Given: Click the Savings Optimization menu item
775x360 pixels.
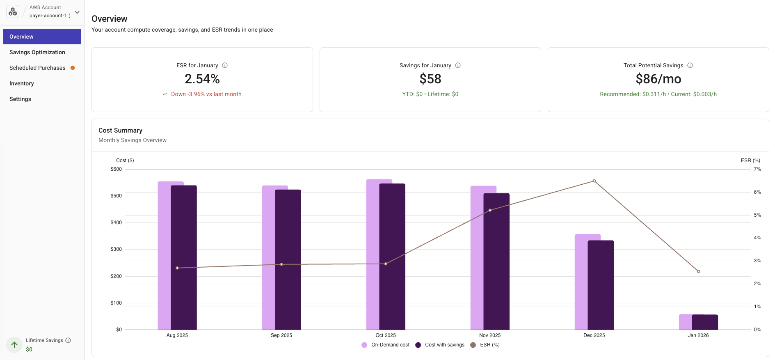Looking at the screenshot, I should [x=37, y=52].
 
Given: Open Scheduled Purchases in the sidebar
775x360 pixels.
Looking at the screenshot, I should [x=37, y=68].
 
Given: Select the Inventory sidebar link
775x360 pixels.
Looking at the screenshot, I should [x=22, y=83].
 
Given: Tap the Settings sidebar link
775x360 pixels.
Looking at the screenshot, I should [x=21, y=99].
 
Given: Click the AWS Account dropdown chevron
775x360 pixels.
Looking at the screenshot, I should [x=77, y=12].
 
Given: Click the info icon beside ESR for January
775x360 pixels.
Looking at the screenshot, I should [x=225, y=65].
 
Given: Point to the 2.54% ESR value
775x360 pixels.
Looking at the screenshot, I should [x=202, y=79].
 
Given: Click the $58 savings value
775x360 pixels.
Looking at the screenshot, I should [x=430, y=79].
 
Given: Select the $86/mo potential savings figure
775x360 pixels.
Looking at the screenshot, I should [x=658, y=79].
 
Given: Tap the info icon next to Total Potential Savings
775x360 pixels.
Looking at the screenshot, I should [x=690, y=65].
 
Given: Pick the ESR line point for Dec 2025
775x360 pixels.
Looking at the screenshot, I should [x=594, y=181].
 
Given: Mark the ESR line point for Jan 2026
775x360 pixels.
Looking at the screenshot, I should [x=698, y=271].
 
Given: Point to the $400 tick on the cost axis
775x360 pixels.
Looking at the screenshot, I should [x=116, y=222].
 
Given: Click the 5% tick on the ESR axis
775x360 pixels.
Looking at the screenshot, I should [x=757, y=215].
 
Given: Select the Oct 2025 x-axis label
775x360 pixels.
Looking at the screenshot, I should [x=386, y=335].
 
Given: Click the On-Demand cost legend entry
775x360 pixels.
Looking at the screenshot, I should [x=386, y=345].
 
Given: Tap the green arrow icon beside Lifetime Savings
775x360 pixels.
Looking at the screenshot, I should [x=14, y=345].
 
